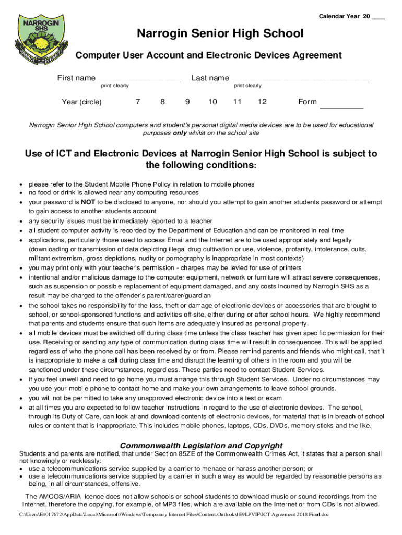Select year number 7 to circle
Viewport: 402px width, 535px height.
tap(137, 102)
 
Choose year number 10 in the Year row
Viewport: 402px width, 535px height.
tap(212, 102)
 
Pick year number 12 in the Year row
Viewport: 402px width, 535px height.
tap(262, 102)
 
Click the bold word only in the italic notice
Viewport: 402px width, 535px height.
tap(180, 133)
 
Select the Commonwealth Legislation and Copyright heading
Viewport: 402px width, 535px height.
tap(201, 446)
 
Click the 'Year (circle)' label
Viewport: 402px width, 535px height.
tap(81, 102)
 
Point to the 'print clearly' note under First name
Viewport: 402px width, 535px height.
tap(115, 86)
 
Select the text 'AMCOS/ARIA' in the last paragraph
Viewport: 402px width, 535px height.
tap(57, 496)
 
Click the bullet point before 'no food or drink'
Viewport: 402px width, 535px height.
tap(20, 193)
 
